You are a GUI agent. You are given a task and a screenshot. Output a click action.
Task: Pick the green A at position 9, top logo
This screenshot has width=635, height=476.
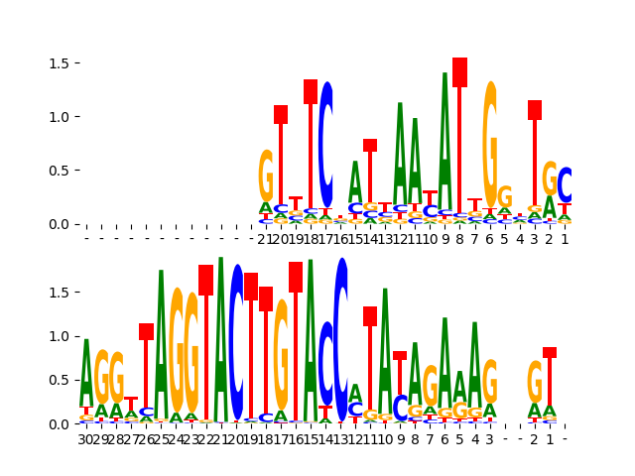[x=444, y=139]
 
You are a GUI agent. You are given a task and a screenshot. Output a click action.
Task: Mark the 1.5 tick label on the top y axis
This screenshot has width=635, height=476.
[x=58, y=63]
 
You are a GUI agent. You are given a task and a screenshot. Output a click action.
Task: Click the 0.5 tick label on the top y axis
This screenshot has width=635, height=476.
[x=58, y=171]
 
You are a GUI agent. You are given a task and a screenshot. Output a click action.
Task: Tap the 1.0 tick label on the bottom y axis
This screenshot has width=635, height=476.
[x=58, y=336]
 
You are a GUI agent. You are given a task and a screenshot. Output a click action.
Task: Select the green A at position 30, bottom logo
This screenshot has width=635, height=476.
[x=86, y=373]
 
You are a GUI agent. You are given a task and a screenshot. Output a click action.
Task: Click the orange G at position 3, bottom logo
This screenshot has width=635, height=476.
[x=490, y=382]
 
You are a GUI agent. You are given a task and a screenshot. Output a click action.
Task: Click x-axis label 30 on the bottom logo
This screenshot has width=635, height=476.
[x=86, y=438]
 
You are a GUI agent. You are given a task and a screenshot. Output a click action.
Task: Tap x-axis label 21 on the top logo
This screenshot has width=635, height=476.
[x=266, y=239]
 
